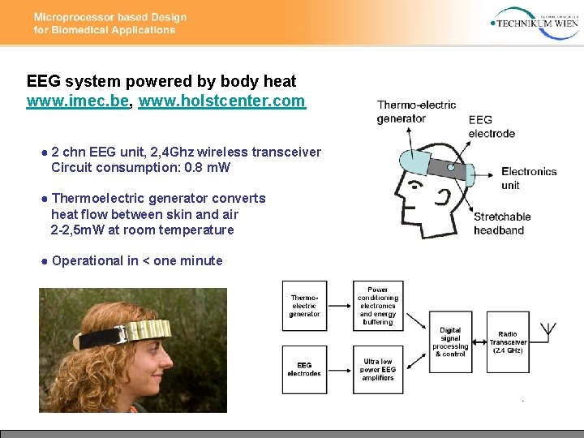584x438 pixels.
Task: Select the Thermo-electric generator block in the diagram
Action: (x=305, y=305)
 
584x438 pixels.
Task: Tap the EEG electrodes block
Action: (x=305, y=370)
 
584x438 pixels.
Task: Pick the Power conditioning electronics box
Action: (x=377, y=305)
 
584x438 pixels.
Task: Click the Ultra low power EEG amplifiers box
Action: (x=377, y=370)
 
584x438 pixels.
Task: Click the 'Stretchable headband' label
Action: (x=502, y=223)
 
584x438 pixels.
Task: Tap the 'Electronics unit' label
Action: (x=529, y=178)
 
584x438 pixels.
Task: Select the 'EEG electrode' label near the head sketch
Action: (x=492, y=127)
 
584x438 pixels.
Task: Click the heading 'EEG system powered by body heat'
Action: (x=161, y=81)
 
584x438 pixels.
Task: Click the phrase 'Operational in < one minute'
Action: (x=136, y=260)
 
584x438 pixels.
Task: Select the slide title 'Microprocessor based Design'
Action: (x=110, y=17)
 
